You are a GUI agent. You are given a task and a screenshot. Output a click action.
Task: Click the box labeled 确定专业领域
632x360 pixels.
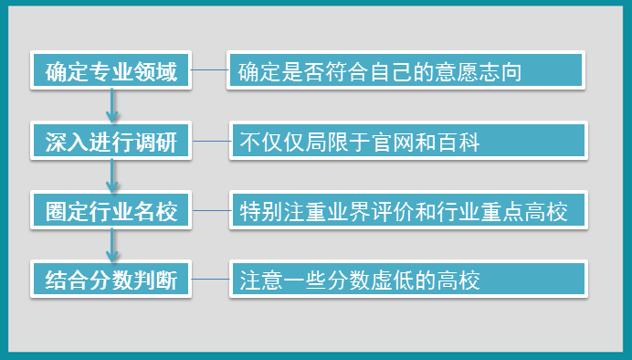111,71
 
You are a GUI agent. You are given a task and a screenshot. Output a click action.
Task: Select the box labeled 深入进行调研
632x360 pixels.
111,142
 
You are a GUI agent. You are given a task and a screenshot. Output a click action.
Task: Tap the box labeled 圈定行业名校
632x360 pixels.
111,212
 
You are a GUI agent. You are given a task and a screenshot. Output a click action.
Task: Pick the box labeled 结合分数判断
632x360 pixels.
111,280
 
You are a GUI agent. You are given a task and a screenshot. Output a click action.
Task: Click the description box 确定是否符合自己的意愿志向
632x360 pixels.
406,71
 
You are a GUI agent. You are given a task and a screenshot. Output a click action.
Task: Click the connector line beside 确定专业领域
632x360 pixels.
209,71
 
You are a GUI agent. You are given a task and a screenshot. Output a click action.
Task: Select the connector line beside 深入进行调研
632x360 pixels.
211,142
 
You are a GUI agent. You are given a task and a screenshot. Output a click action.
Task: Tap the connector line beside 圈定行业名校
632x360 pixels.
211,212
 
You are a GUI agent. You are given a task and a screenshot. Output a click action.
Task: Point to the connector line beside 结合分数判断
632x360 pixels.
211,279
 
